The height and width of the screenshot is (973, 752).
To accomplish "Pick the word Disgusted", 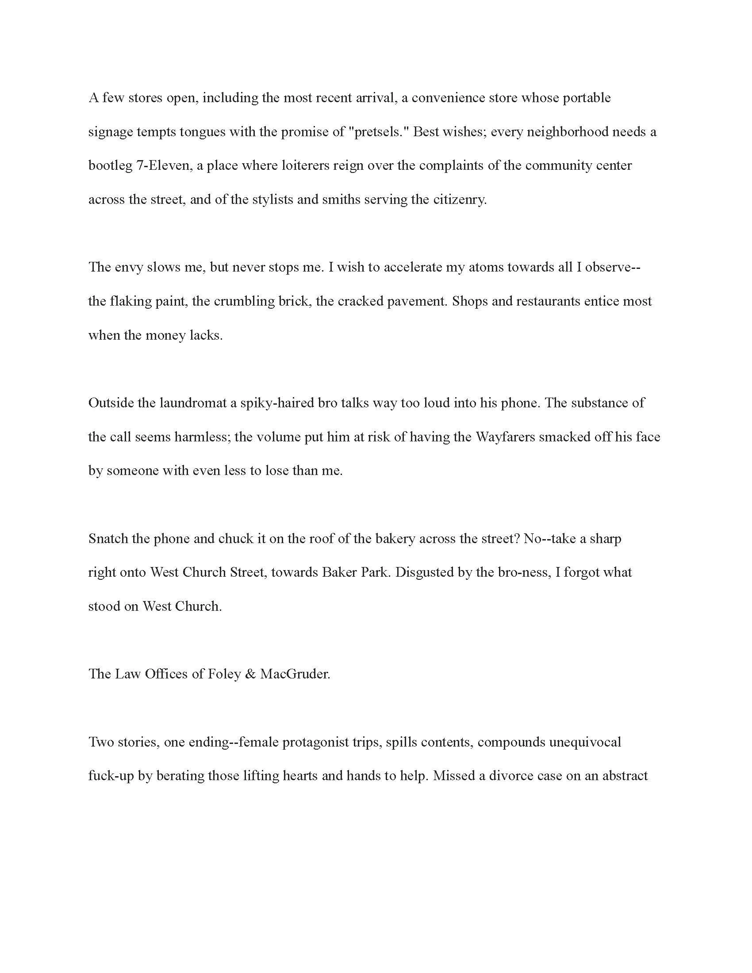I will pos(423,572).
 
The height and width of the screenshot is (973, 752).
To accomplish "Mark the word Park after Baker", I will pos(376,572).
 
